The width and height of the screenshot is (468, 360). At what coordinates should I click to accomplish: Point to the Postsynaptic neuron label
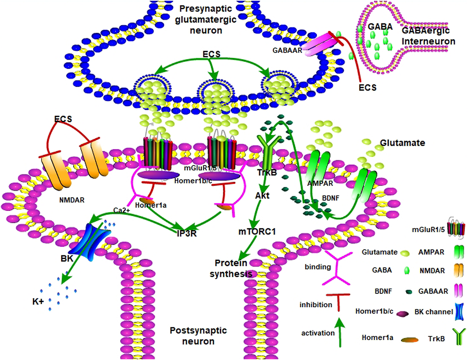coord(199,336)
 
